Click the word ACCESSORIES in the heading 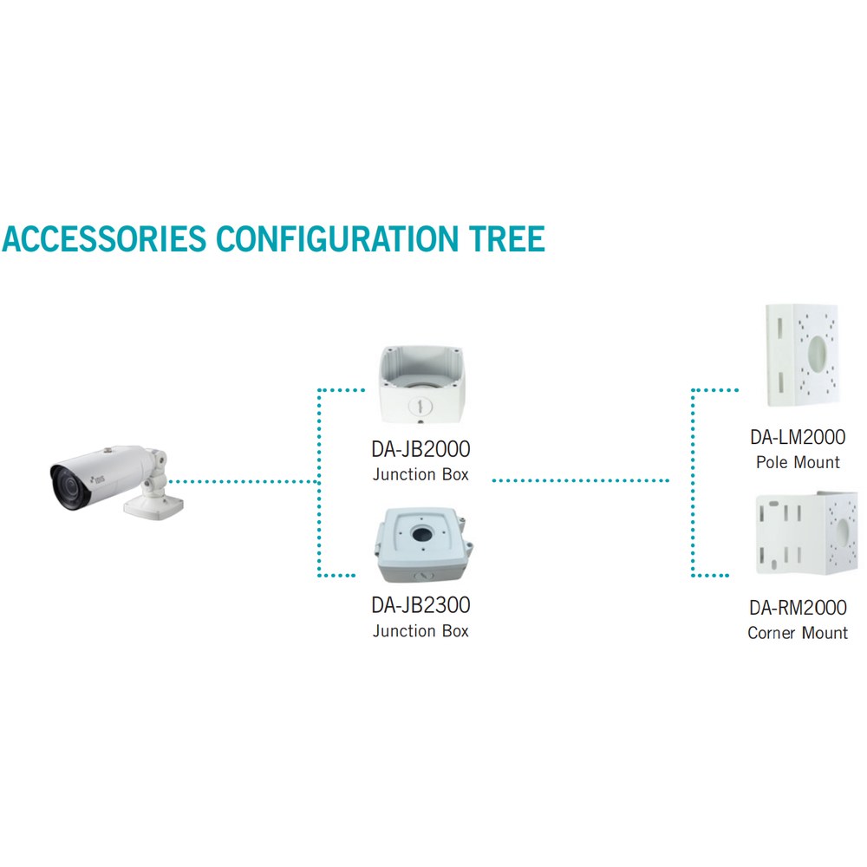click(105, 239)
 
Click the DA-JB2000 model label click(420, 449)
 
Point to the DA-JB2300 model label click(420, 605)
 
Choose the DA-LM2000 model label click(798, 437)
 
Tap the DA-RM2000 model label click(798, 607)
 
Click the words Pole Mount click(798, 462)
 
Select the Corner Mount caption click(798, 632)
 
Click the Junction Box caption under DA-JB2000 click(420, 474)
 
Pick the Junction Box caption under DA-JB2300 click(420, 631)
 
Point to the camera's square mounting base click(153, 506)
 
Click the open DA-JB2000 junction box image click(421, 384)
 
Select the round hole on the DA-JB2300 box click(422, 534)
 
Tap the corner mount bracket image click(806, 533)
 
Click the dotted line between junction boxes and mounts click(581, 480)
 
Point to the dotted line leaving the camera click(244, 481)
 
